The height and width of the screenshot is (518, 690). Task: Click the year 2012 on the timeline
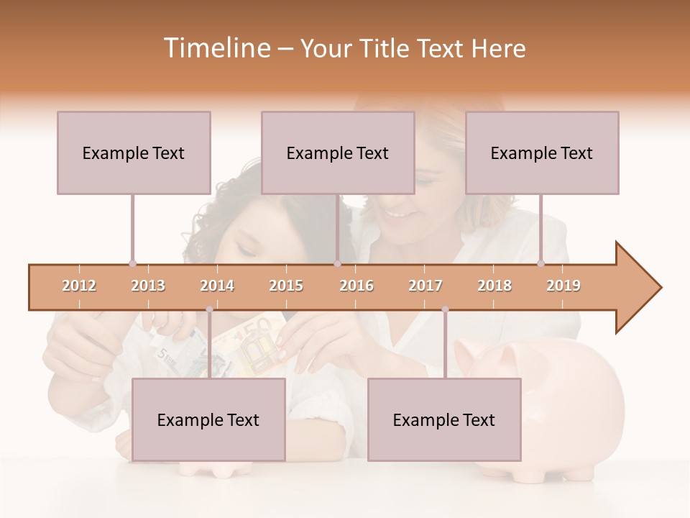tap(79, 286)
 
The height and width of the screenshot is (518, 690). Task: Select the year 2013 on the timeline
tap(148, 286)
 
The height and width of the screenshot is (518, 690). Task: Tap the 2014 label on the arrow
tap(217, 286)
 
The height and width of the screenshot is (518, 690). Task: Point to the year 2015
tap(286, 286)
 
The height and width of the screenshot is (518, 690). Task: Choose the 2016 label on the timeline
tap(356, 286)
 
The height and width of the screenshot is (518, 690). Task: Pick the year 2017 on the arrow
tap(425, 286)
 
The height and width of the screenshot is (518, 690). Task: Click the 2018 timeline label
tap(494, 286)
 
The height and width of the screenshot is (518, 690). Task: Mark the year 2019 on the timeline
tap(563, 286)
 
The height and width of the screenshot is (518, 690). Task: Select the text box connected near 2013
tap(134, 153)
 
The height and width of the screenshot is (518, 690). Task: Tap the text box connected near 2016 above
tap(338, 153)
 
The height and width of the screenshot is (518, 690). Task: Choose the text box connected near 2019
tap(542, 153)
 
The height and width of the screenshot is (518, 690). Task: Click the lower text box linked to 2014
tap(208, 419)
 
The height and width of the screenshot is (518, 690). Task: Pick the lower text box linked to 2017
tap(444, 419)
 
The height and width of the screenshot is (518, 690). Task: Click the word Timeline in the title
tap(216, 48)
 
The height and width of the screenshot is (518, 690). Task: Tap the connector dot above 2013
tap(132, 263)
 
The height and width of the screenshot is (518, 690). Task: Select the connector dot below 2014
tap(209, 309)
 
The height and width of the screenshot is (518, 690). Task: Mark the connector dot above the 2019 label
tap(540, 263)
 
